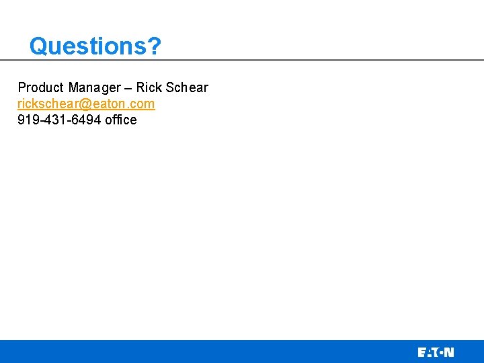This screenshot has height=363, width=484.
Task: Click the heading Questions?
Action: tap(95, 46)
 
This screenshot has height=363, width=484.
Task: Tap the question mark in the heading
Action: tap(154, 46)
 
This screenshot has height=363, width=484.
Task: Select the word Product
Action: tap(40, 87)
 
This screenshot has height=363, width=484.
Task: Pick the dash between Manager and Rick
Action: tap(128, 88)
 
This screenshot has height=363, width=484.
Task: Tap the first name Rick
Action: tap(148, 87)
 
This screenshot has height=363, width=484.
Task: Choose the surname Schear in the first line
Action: tap(186, 87)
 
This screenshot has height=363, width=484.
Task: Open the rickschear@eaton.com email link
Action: tap(86, 104)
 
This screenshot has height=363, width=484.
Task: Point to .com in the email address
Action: tap(142, 104)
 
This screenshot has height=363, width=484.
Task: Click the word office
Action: tap(121, 120)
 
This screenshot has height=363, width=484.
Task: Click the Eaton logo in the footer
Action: tap(436, 352)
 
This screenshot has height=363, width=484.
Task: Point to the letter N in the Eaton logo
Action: tap(449, 352)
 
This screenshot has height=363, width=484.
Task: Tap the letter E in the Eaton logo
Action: tap(421, 352)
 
